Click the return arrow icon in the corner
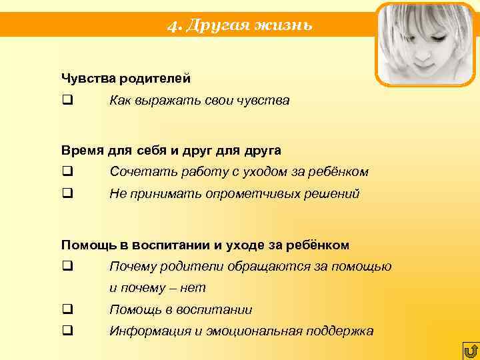pos(470,351)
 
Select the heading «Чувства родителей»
pos(126,79)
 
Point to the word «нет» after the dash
pos(194,288)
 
